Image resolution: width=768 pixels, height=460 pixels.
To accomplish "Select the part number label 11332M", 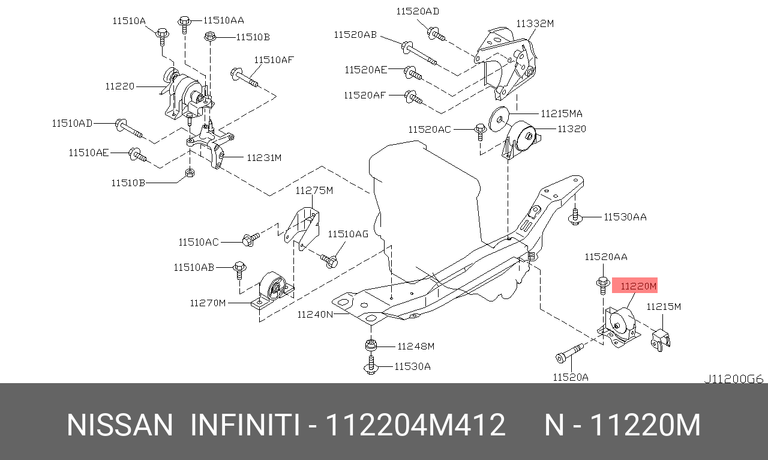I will (535, 23).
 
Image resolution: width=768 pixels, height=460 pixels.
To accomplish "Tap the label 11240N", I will (316, 313).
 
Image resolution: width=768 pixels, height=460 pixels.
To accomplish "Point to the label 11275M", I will (313, 190).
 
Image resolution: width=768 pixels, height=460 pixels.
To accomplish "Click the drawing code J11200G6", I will (733, 379).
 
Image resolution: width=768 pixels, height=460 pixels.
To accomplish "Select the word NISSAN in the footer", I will (119, 425).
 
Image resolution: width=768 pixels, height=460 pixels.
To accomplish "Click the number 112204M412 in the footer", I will (415, 425).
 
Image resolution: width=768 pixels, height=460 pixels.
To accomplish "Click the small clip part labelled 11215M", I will (661, 339).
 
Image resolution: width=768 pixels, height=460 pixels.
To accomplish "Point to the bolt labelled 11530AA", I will (575, 217).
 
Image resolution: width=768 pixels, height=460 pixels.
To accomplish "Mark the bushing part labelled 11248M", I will (371, 346).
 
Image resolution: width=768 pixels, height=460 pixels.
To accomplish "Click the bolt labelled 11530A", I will (371, 365).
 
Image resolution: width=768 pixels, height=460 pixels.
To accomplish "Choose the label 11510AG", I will (348, 234).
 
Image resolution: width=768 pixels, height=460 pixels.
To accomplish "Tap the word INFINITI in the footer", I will (245, 425).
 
